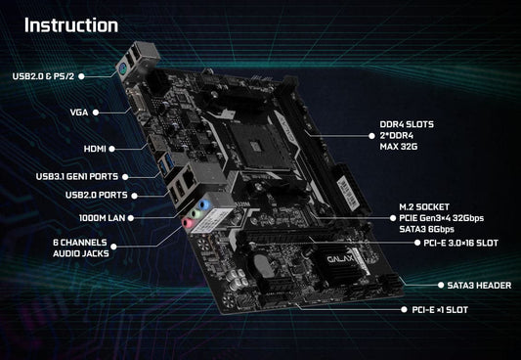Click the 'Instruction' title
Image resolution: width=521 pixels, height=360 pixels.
click(71, 24)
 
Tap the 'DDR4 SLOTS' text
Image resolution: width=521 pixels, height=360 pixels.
click(407, 124)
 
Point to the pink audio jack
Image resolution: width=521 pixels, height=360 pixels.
click(188, 222)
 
